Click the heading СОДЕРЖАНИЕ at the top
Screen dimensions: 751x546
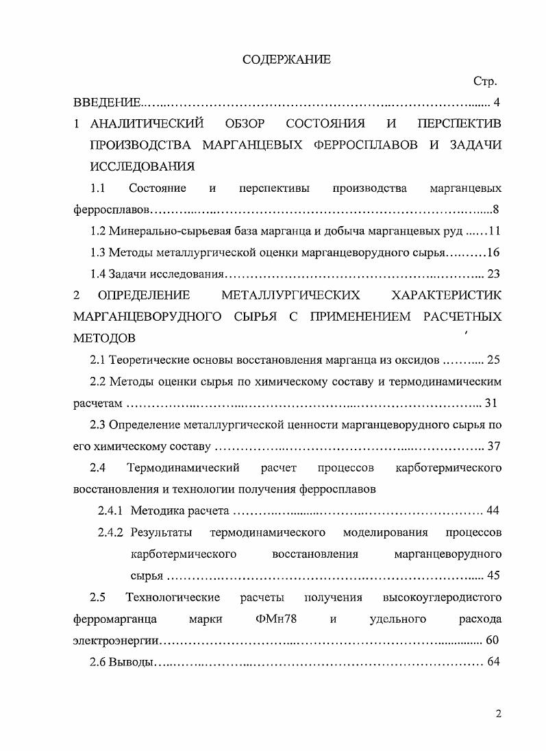point(286,60)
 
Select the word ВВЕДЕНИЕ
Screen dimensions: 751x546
point(106,103)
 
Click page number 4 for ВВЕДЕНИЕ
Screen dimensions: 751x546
point(497,103)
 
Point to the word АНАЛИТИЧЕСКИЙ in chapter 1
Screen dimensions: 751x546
point(147,124)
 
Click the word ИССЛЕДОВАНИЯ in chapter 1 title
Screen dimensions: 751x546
point(142,167)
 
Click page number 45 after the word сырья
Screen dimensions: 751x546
point(493,576)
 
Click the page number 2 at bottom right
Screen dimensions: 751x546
point(499,714)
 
